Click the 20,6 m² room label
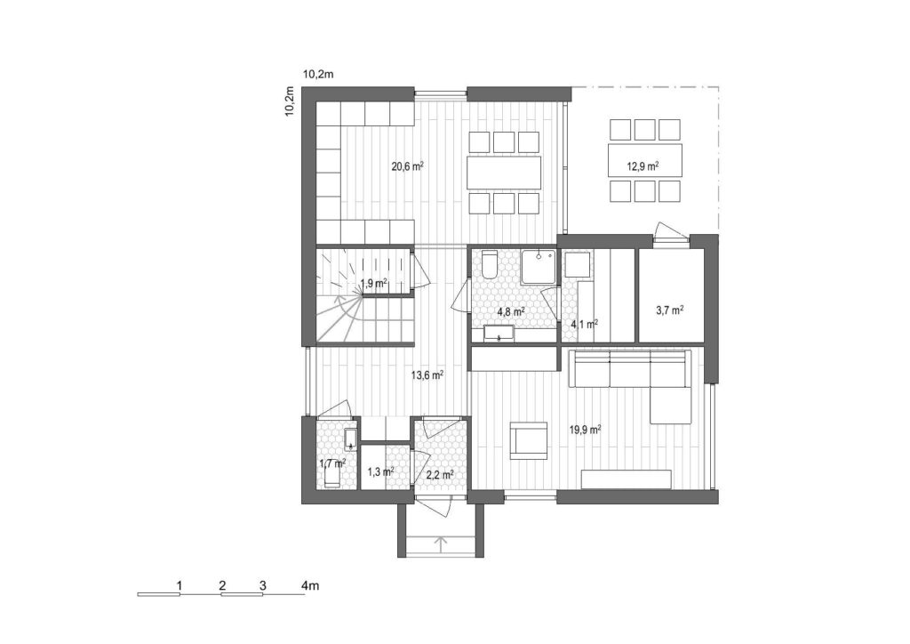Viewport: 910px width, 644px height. tap(407, 166)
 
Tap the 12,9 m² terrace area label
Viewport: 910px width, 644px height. tap(643, 166)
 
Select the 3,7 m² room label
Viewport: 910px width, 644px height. tap(669, 310)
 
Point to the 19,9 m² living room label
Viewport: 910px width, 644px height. tap(585, 430)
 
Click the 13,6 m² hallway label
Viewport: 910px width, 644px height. tap(427, 374)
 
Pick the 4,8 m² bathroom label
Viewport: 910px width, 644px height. tap(511, 310)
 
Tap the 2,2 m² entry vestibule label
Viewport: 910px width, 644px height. tap(440, 475)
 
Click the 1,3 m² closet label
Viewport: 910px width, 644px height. tap(380, 471)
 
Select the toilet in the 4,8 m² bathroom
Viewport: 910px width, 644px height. tap(490, 265)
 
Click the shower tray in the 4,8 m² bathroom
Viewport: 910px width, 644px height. tap(539, 267)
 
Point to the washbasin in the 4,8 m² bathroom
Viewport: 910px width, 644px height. tap(499, 334)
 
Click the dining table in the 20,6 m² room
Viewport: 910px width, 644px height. tap(504, 173)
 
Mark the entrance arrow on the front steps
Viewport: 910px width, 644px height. tap(441, 544)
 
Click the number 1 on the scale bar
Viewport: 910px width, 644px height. tap(180, 585)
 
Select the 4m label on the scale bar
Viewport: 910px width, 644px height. tap(310, 585)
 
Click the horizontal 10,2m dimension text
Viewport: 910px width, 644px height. tap(318, 74)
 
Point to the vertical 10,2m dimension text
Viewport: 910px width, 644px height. tap(290, 101)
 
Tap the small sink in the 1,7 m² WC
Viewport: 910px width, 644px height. tap(350, 439)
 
